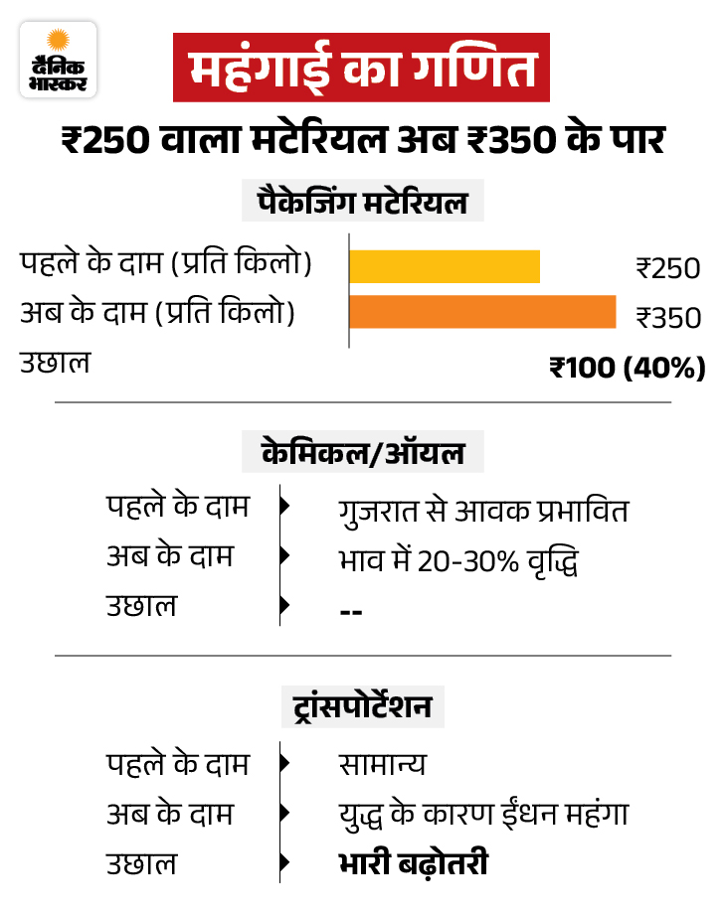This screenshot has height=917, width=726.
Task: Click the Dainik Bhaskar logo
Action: pyautogui.click(x=59, y=60)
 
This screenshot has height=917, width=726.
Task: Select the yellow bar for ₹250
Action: pyautogui.click(x=445, y=267)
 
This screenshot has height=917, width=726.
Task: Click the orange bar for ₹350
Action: pyautogui.click(x=482, y=312)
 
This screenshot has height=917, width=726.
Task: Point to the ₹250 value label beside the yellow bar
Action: pyautogui.click(x=668, y=268)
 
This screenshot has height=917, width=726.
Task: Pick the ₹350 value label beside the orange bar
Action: pyautogui.click(x=668, y=318)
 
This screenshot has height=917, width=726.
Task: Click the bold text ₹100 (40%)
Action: pyautogui.click(x=628, y=368)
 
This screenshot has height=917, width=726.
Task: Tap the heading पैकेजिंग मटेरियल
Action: pyautogui.click(x=362, y=205)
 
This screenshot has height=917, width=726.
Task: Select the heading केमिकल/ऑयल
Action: pyautogui.click(x=363, y=454)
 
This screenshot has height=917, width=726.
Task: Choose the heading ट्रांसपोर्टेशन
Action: pyautogui.click(x=362, y=707)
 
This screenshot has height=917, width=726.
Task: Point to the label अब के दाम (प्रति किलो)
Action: pyautogui.click(x=159, y=312)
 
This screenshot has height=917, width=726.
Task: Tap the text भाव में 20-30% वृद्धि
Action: pyautogui.click(x=457, y=560)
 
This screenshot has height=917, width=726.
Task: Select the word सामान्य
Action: pyautogui.click(x=382, y=764)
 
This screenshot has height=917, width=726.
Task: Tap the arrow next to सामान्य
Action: pyautogui.click(x=285, y=764)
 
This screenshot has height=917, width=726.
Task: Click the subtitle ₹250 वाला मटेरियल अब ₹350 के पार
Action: pyautogui.click(x=362, y=140)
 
